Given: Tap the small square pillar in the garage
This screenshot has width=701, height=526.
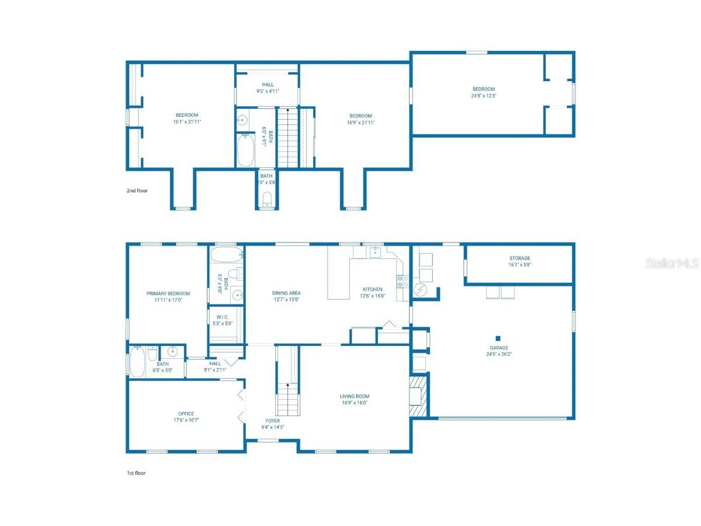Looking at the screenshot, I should [498, 338].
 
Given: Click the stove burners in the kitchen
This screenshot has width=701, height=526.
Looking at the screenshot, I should [403, 282].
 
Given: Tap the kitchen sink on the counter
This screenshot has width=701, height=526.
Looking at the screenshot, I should [374, 252].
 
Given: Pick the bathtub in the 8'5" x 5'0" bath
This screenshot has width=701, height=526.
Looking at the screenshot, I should [137, 362].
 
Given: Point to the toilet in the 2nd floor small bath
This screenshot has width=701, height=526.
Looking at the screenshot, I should [267, 199].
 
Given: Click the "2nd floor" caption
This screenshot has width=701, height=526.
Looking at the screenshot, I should [137, 191].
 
